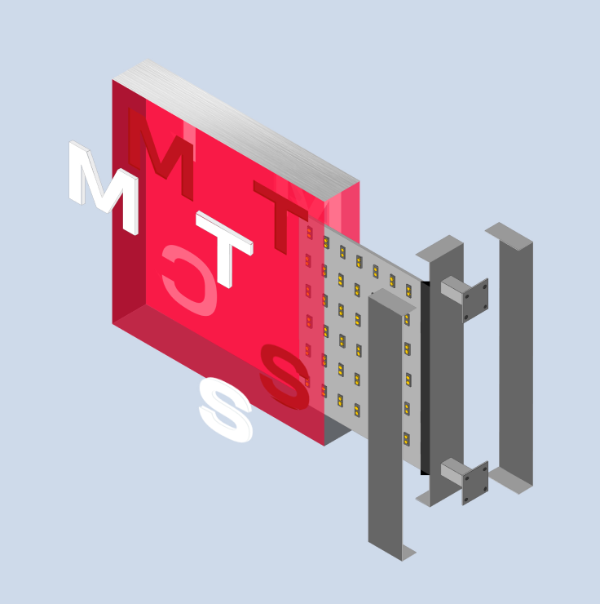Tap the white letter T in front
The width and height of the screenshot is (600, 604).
[x=224, y=245]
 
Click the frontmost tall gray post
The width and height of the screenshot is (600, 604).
[x=385, y=424]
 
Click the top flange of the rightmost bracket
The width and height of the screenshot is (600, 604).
[x=509, y=232]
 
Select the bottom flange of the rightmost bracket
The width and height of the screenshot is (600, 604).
[x=510, y=482]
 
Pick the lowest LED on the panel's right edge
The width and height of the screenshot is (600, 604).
[x=406, y=439]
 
